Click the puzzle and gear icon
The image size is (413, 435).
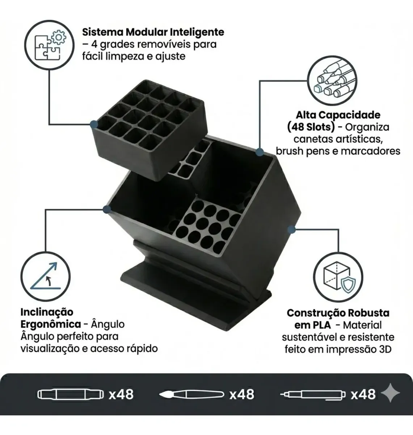(49, 45)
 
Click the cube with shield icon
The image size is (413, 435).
(338, 277)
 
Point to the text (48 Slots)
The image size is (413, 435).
(311, 127)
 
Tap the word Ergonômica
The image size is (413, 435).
(51, 324)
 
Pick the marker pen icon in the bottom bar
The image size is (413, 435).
(71, 394)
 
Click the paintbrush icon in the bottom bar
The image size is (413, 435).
(191, 394)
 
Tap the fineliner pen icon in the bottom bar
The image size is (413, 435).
(313, 394)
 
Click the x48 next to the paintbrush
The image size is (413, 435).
(242, 394)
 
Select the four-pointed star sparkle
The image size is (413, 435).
(390, 393)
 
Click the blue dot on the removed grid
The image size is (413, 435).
(94, 124)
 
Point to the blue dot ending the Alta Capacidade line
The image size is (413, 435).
(260, 152)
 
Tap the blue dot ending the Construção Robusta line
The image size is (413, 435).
(292, 230)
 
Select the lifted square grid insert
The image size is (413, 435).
(148, 130)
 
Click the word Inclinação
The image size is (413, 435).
(47, 312)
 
